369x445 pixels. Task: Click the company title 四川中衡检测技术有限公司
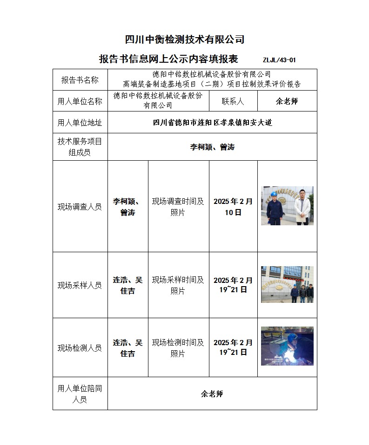point(185,39)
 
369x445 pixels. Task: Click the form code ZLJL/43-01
point(279,60)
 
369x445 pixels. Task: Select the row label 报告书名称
point(80,80)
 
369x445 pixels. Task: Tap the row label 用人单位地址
point(80,123)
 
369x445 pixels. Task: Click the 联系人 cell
point(233,101)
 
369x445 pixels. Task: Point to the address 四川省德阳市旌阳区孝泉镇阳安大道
point(212,123)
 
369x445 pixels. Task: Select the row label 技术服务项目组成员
point(80,147)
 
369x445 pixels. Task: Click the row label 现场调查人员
point(80,207)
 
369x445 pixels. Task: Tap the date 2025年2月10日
point(233,207)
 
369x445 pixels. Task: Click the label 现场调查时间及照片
point(178,207)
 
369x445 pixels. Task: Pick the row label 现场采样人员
point(80,285)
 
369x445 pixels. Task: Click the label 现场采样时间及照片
point(178,285)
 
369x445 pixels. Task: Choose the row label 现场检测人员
point(80,348)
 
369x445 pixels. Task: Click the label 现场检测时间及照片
point(178,348)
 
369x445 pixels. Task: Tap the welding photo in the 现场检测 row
point(287,346)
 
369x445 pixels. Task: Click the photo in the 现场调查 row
point(287,206)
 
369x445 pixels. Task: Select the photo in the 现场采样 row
point(287,284)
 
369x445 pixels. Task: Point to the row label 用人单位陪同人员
point(80,394)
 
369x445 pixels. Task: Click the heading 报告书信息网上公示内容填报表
point(168,59)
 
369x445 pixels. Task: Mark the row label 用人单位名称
point(80,101)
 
